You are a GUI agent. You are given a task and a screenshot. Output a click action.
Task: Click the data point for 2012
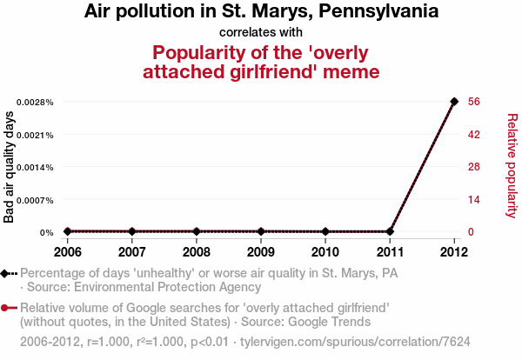point(454,102)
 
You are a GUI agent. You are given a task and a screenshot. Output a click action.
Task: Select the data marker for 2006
point(67,231)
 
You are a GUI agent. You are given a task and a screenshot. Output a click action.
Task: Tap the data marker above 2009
point(261,231)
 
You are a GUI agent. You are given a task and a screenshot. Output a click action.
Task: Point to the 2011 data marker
point(390,231)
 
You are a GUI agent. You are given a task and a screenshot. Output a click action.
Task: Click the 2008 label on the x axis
point(197,252)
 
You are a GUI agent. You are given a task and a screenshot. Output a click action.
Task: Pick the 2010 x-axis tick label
point(325,252)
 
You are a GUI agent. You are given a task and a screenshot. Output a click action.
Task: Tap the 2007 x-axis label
point(131,252)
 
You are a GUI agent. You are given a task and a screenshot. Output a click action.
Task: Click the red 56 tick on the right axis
point(474,102)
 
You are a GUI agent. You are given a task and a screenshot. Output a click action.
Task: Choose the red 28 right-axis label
point(474,167)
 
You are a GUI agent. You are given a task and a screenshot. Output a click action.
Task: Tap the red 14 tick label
point(474,200)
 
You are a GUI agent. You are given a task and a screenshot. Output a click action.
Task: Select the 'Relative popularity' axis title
point(512,166)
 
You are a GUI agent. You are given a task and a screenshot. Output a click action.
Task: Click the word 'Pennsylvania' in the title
point(366,12)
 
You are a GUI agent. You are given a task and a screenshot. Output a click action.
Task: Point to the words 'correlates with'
point(260,32)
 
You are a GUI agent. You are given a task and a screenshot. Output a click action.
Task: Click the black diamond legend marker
point(7,273)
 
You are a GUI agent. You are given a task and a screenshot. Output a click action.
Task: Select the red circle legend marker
point(7,309)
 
